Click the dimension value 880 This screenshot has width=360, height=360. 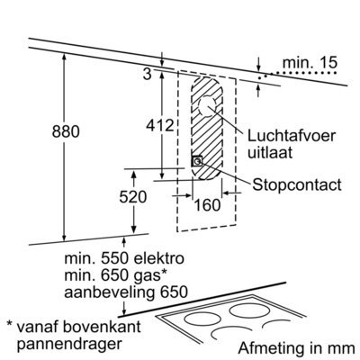pyautogui.click(x=66, y=131)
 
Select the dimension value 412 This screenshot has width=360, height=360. pyautogui.click(x=160, y=125)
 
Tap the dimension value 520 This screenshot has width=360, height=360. pyautogui.click(x=133, y=197)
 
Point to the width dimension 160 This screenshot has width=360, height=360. pyautogui.click(x=207, y=205)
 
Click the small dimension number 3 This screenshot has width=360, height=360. pyautogui.click(x=147, y=74)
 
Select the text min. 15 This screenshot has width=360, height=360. pyautogui.click(x=310, y=63)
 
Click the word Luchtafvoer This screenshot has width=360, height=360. pyautogui.click(x=291, y=136)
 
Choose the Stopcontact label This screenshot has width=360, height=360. pyautogui.click(x=297, y=184)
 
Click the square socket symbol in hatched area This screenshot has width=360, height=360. pyautogui.click(x=197, y=161)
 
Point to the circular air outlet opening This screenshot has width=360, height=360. pyautogui.click(x=207, y=106)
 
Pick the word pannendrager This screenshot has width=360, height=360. pyautogui.click(x=69, y=344)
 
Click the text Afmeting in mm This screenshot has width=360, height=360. pyautogui.click(x=296, y=348)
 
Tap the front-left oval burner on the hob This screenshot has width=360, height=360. pyautogui.click(x=201, y=319)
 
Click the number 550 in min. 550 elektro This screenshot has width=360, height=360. pyautogui.click(x=114, y=258)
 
